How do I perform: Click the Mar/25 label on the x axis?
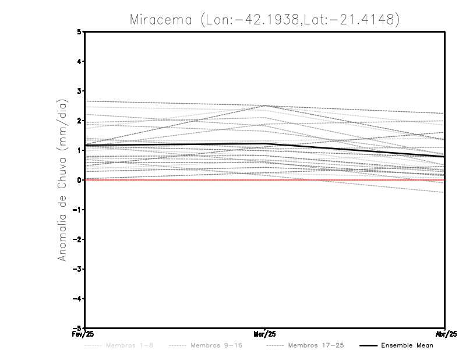click(x=265, y=334)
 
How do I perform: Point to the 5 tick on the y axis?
click(x=80, y=32)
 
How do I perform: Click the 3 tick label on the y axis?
click(x=80, y=91)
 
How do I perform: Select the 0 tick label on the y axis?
click(x=80, y=180)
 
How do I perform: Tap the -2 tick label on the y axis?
click(x=78, y=239)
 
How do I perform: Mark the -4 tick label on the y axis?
click(x=78, y=298)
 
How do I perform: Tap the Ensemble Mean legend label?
click(x=407, y=345)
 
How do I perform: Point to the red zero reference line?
click(x=175, y=180)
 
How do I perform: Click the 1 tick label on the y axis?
click(x=80, y=150)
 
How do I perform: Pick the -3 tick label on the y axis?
click(x=78, y=269)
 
